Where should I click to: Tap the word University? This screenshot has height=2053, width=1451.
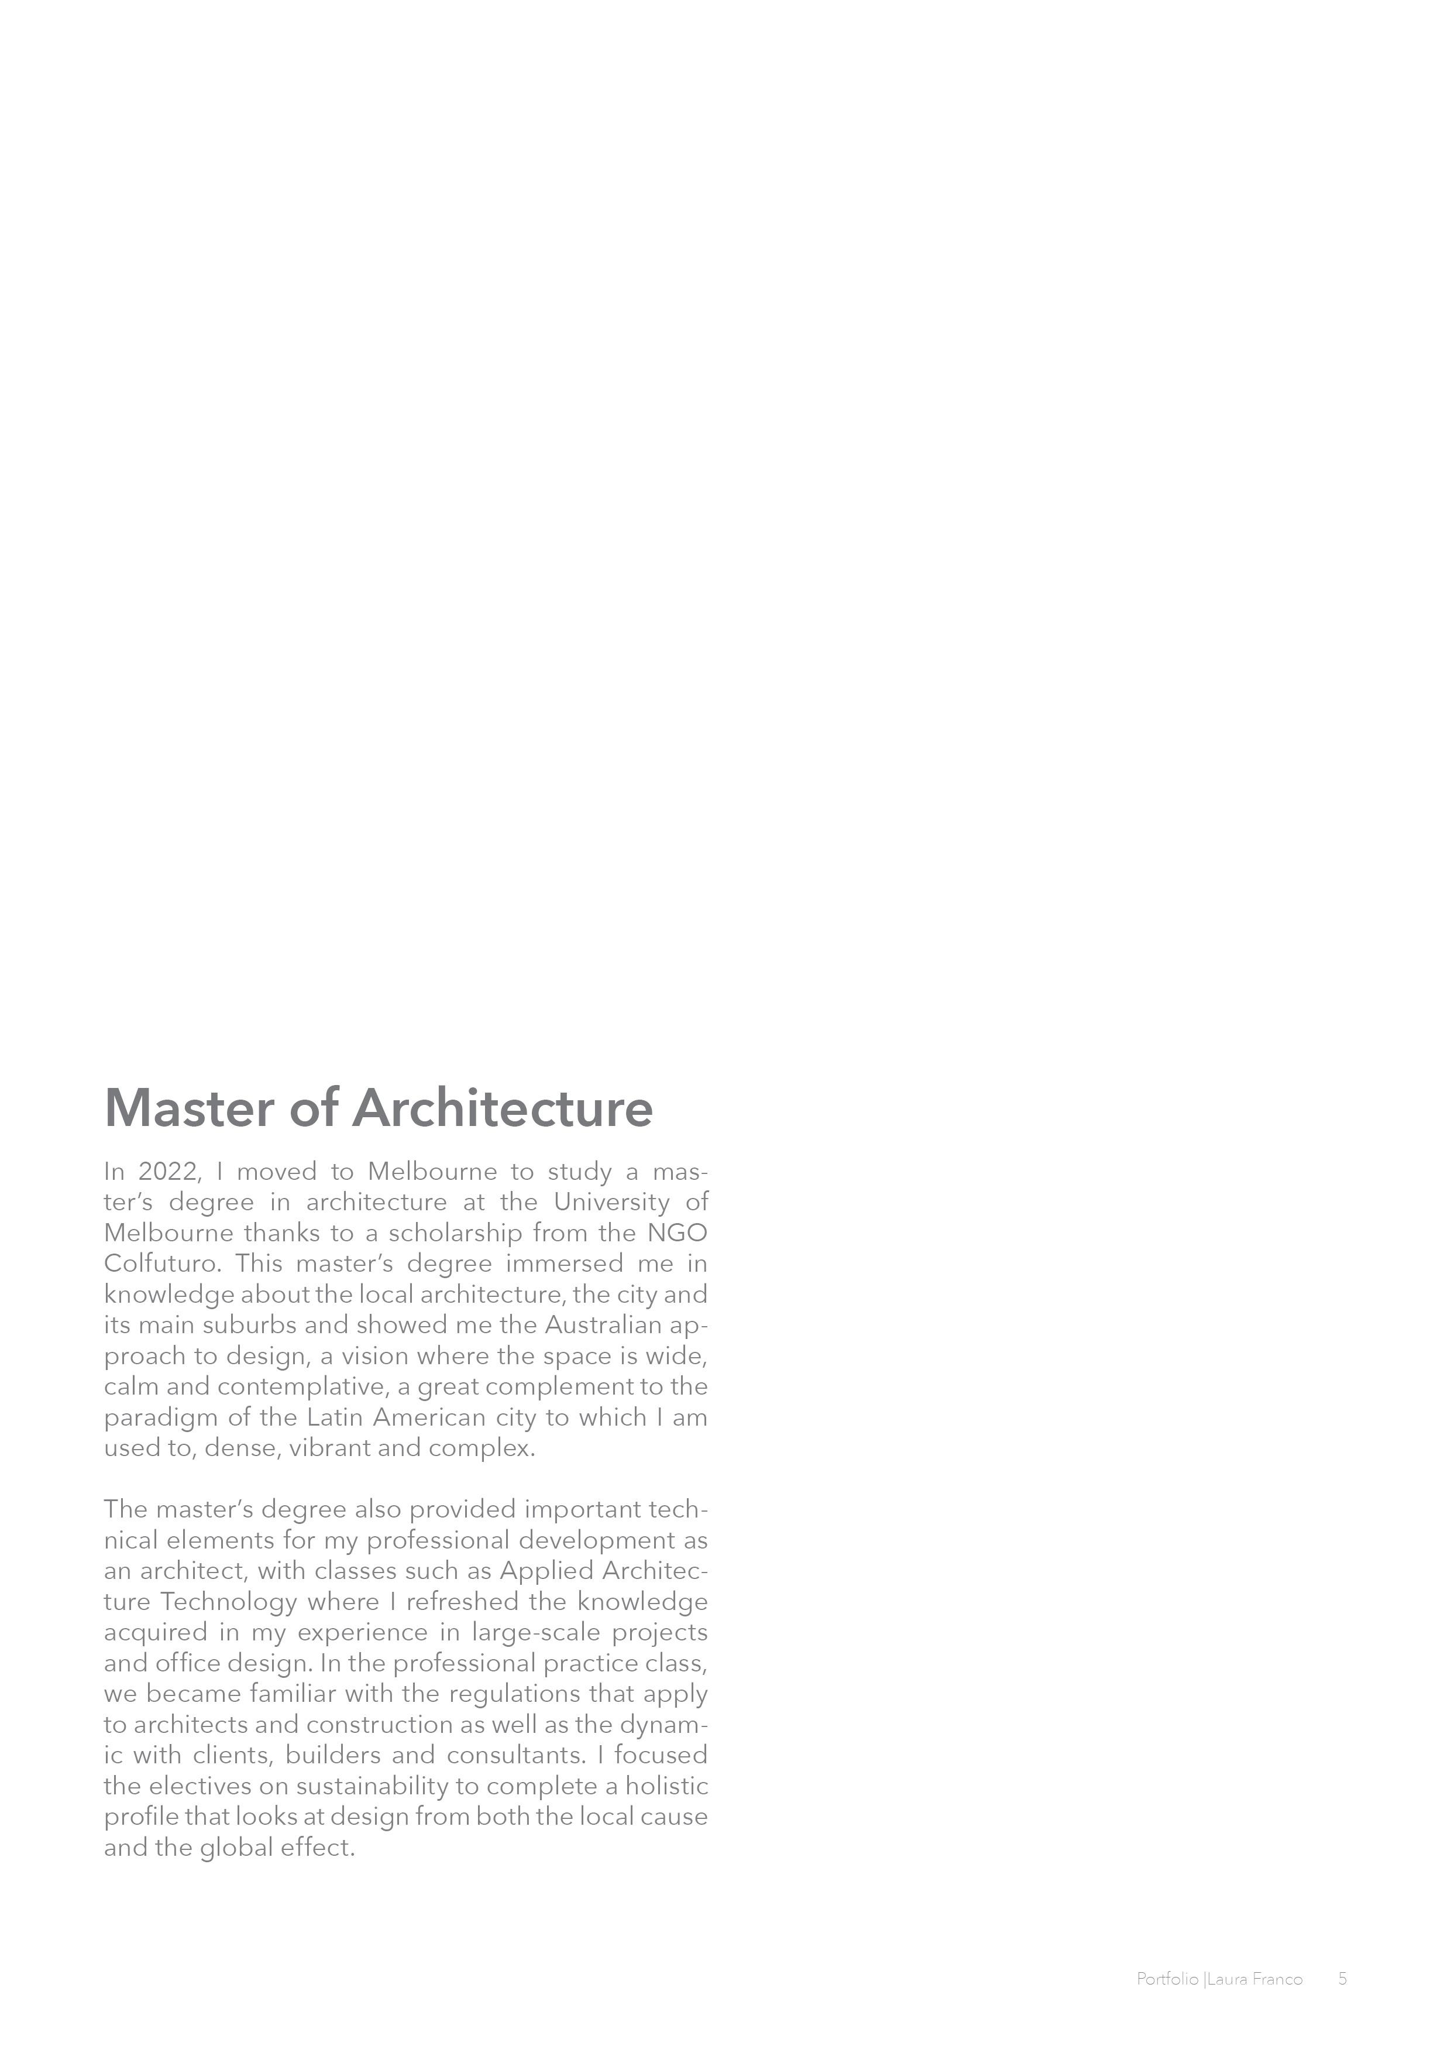pos(611,1203)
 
